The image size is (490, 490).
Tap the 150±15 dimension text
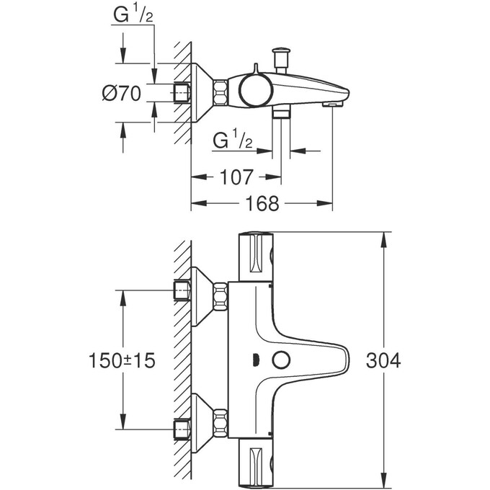[123, 360]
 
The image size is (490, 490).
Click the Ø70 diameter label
[121, 94]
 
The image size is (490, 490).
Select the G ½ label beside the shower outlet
[233, 141]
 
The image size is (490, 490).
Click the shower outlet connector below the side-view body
[281, 113]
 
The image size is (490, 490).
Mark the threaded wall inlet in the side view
[182, 92]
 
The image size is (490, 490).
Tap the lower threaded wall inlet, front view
[182, 428]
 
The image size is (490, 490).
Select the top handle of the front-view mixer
[255, 255]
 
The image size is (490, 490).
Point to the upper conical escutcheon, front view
[202, 292]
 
